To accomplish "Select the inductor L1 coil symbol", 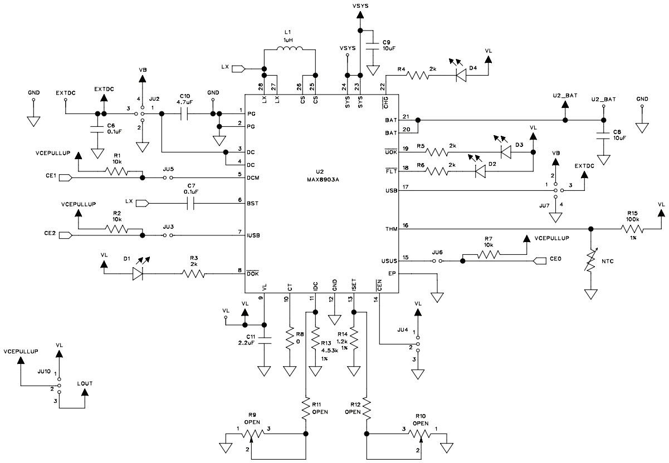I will point(290,51).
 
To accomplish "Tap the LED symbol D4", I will point(461,76).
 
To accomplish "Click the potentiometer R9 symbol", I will point(253,433).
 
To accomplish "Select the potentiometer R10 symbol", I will point(421,433).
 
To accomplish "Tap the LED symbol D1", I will point(139,274).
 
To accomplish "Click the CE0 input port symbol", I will point(540,260).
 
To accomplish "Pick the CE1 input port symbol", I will point(65,178).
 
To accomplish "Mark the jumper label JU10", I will point(44,370).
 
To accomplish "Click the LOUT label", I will point(85,383).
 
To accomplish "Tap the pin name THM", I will point(390,229).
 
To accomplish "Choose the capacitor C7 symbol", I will point(191,203).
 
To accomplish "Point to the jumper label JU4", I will point(403,329).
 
